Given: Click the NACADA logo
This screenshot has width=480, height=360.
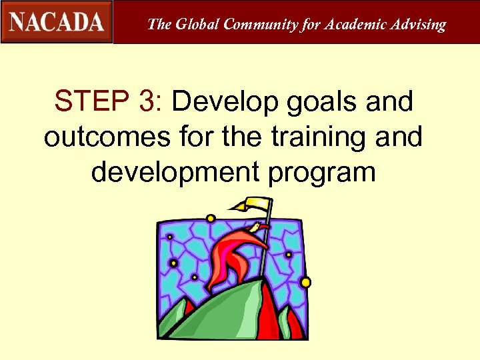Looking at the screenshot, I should [57, 21].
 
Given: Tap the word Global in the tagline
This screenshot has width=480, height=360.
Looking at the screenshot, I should [197, 25].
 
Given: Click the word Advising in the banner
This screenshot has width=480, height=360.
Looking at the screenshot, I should [418, 25].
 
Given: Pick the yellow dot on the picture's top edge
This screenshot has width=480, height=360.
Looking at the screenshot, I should [211, 219].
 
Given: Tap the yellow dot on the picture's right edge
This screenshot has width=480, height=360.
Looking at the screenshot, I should [305, 282].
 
